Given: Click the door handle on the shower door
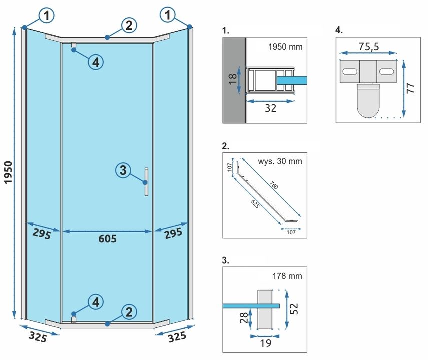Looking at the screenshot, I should (x=146, y=182).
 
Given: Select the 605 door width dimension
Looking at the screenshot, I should (x=107, y=239).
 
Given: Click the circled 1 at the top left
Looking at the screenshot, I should (x=46, y=16).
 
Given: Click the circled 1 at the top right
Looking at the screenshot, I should (x=168, y=16).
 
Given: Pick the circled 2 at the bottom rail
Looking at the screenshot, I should (x=129, y=312).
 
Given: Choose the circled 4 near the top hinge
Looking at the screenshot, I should (x=96, y=62).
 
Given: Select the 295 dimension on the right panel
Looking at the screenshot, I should (x=173, y=234).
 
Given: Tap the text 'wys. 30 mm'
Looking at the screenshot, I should (x=280, y=161).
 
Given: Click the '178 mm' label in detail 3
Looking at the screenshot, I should (x=288, y=275).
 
